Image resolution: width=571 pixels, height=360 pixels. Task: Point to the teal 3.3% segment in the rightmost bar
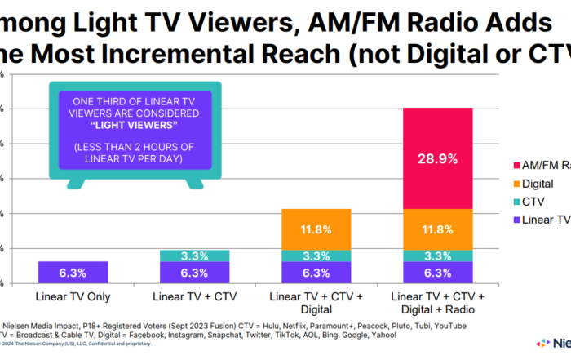pos(437,256)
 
